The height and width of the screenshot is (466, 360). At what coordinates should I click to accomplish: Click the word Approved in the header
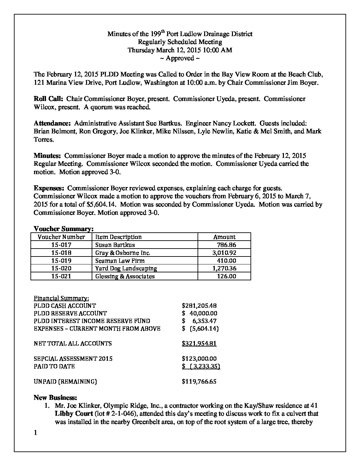point(180,58)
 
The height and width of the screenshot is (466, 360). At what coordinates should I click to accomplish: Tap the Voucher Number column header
point(61,237)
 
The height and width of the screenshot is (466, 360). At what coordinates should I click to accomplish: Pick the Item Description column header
point(118,237)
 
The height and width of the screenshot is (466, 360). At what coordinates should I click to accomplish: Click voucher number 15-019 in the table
point(61,260)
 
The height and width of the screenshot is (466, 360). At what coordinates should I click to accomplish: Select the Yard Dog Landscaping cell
point(126,268)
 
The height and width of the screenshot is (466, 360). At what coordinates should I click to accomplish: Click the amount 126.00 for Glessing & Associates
point(226,276)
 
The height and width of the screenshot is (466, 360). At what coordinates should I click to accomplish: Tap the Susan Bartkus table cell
point(115,245)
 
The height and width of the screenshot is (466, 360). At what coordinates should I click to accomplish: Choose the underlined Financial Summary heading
point(61,298)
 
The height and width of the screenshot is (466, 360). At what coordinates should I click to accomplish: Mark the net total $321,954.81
point(199,344)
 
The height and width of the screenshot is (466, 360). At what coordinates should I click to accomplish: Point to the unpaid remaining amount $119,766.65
point(199,382)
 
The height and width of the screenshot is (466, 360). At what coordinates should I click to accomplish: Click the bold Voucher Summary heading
point(64,229)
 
